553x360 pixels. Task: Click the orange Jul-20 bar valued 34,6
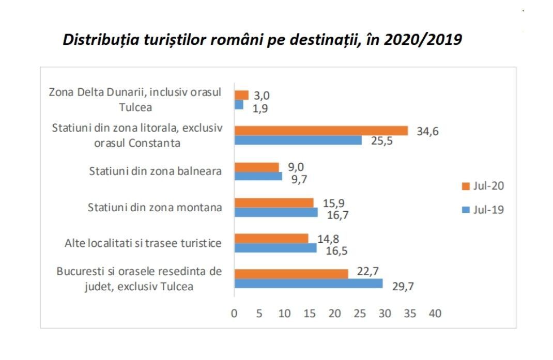pyautogui.click(x=321, y=131)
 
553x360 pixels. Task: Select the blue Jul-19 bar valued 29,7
pyautogui.click(x=309, y=284)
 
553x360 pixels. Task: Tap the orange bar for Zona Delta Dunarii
pyautogui.click(x=241, y=96)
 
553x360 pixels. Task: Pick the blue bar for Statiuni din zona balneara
pyautogui.click(x=258, y=177)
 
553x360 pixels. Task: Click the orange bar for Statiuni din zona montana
pyautogui.click(x=274, y=202)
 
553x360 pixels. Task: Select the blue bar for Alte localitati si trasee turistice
pyautogui.click(x=275, y=248)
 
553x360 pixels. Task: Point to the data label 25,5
pyautogui.click(x=381, y=140)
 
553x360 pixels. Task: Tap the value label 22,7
pyautogui.click(x=365, y=273)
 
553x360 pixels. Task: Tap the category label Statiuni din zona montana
pyautogui.click(x=155, y=208)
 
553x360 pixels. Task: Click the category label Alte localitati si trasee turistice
pyautogui.click(x=143, y=243)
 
